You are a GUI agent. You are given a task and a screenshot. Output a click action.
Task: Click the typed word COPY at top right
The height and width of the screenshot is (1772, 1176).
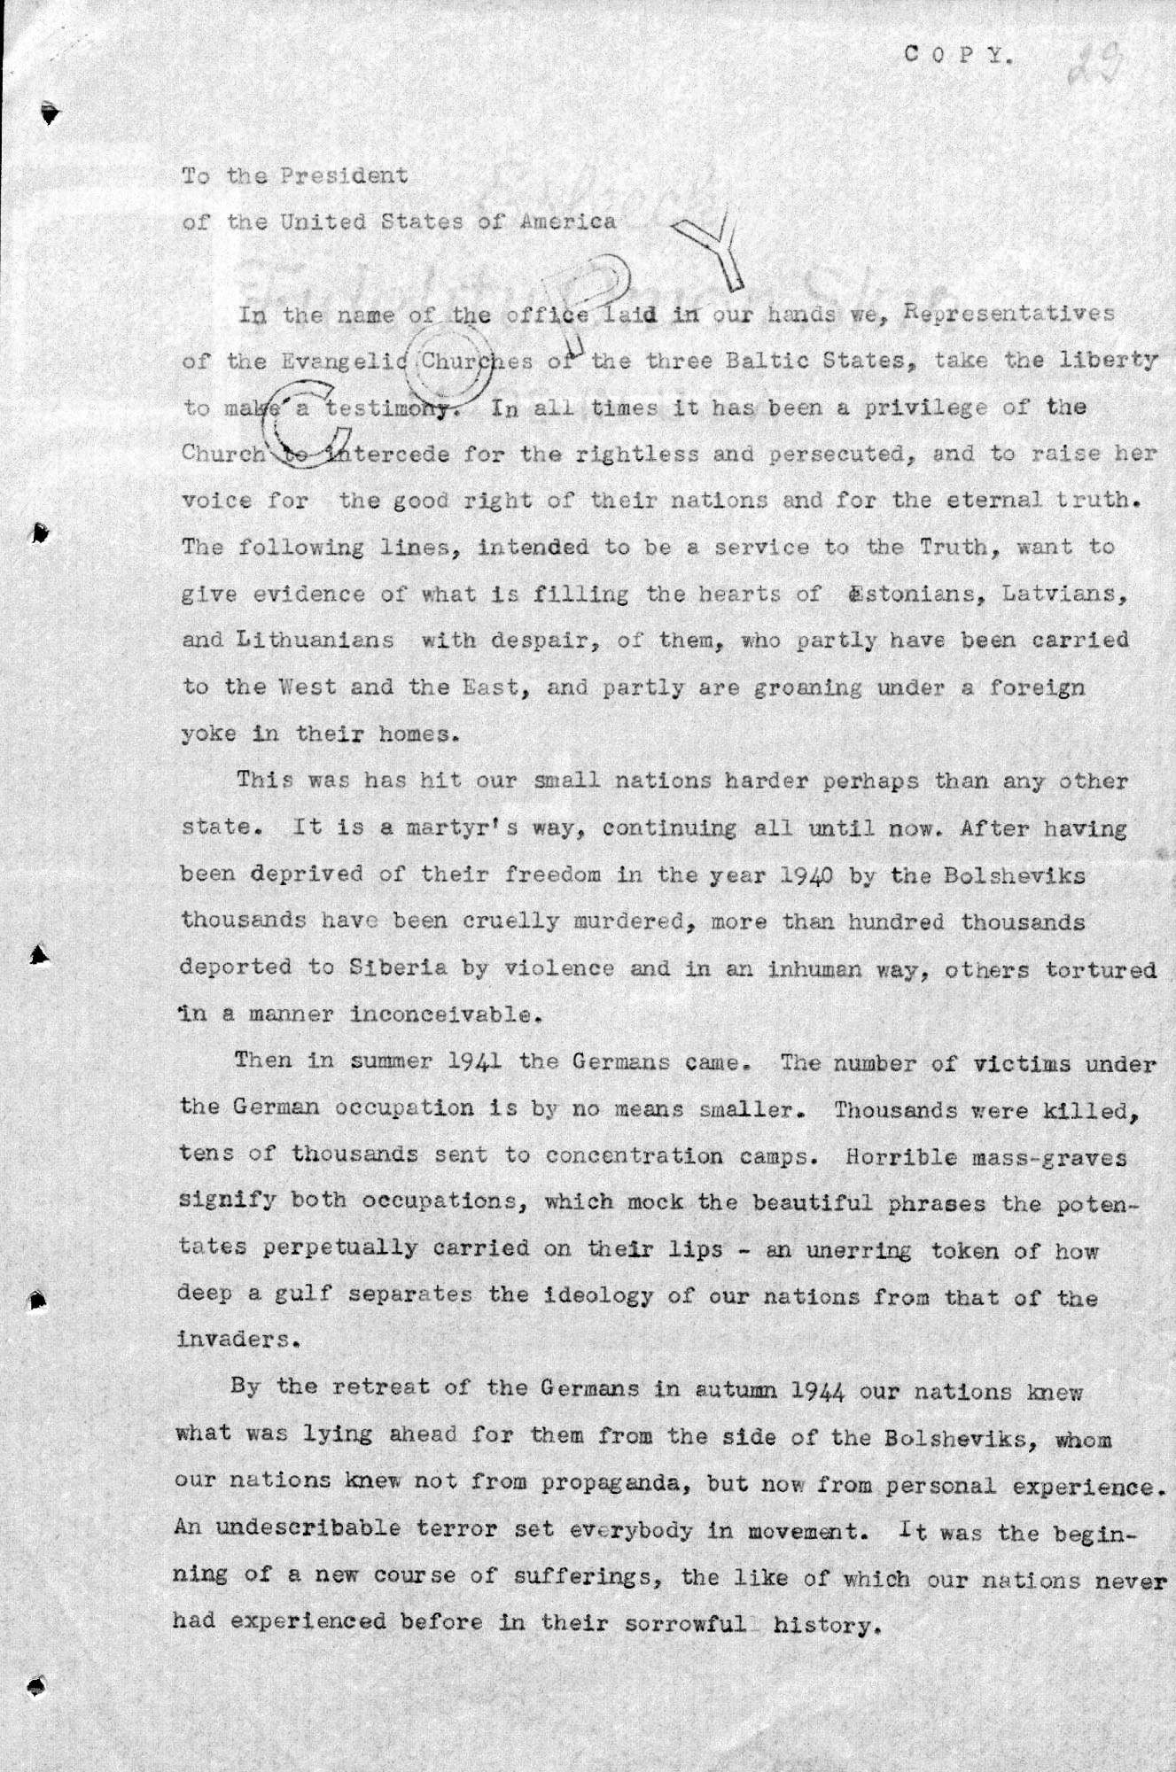tap(957, 55)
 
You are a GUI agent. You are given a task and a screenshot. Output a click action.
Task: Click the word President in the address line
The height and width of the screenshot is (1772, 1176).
tap(344, 175)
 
